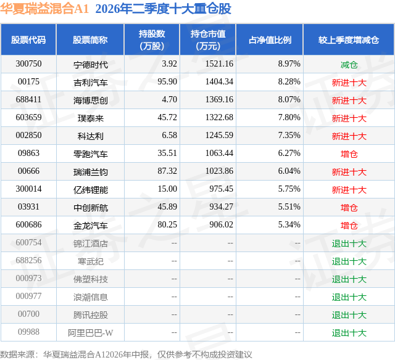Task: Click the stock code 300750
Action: coord(28,64)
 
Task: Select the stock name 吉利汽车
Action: coord(91,82)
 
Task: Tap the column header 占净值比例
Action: coord(270,40)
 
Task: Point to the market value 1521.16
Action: coord(219,64)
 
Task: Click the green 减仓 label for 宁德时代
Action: coord(349,65)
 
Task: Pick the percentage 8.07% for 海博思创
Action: coord(289,100)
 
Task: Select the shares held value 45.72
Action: coord(167,118)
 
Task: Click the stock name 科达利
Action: coord(91,136)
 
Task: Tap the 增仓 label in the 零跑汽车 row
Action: coord(349,154)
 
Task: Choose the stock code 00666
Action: coord(28,171)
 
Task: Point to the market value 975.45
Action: coord(221,189)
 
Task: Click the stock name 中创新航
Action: coord(91,208)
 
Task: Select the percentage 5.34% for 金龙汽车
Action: coord(289,224)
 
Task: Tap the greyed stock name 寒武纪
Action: coord(91,261)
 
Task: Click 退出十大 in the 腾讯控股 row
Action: coord(349,315)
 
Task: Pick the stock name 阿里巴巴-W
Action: coord(91,333)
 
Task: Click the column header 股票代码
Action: coord(28,40)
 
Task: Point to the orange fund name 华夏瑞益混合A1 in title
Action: coord(44,9)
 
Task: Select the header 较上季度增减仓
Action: coord(349,40)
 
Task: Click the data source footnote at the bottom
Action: coord(126,354)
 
